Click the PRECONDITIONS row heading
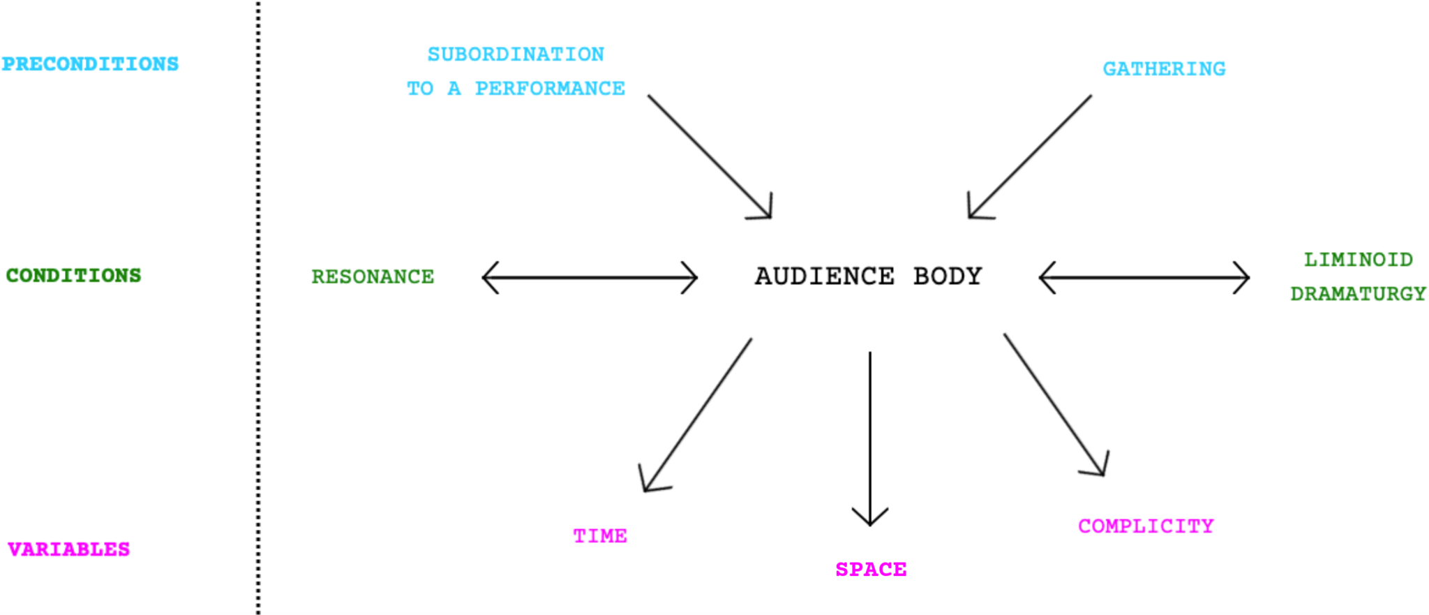pyautogui.click(x=90, y=64)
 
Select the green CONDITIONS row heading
pyautogui.click(x=73, y=276)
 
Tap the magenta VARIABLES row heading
pyautogui.click(x=68, y=549)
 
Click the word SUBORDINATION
pyautogui.click(x=516, y=54)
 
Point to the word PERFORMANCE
pyautogui.click(x=550, y=89)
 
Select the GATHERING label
pyautogui.click(x=1164, y=69)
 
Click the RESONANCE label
pyautogui.click(x=373, y=277)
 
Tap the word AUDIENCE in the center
pyautogui.click(x=824, y=276)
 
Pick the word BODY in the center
pyautogui.click(x=948, y=276)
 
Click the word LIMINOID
pyautogui.click(x=1358, y=260)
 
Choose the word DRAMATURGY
pyautogui.click(x=1358, y=294)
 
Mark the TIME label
pyautogui.click(x=600, y=536)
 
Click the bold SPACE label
pyautogui.click(x=871, y=570)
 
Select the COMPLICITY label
pyautogui.click(x=1146, y=526)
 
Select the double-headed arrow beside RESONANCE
pyautogui.click(x=590, y=278)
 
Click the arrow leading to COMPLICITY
pyautogui.click(x=1054, y=404)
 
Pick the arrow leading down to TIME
pyautogui.click(x=698, y=415)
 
